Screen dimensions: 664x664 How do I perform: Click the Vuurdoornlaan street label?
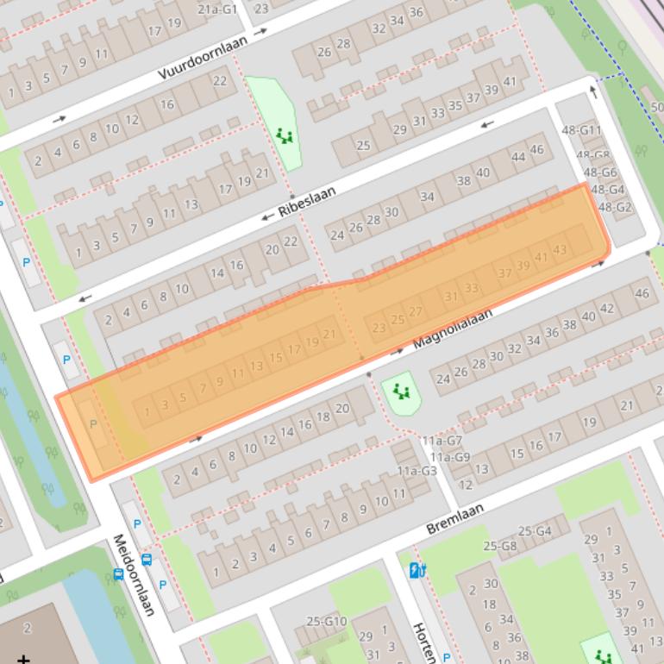click(x=203, y=59)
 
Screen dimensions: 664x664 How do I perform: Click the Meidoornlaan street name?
click(x=134, y=574)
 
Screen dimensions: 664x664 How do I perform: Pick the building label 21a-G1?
click(x=217, y=9)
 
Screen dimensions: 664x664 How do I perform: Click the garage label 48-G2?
click(x=615, y=207)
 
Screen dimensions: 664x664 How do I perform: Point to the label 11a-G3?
click(x=417, y=470)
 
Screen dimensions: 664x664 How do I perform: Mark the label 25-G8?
click(x=500, y=545)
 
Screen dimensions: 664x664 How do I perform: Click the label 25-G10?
click(x=326, y=621)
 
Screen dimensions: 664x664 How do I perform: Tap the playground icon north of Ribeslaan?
click(x=285, y=135)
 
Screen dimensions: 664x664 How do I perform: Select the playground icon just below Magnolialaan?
click(x=401, y=392)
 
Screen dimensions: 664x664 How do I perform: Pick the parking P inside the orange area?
click(x=94, y=424)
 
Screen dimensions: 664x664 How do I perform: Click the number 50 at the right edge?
click(x=658, y=107)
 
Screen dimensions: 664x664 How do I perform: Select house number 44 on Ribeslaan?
click(x=518, y=157)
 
